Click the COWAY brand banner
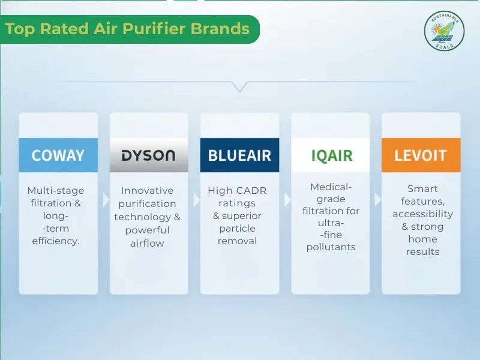click(58, 155)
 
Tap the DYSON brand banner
click(149, 155)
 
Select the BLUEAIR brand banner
click(239, 155)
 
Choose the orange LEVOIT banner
click(421, 155)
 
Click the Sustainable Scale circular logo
click(445, 31)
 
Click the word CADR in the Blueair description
click(251, 190)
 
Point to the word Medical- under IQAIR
click(331, 187)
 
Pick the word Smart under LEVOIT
click(422, 188)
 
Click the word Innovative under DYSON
click(147, 190)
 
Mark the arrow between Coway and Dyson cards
click(105, 199)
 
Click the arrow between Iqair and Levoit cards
click(377, 199)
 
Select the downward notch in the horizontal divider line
click(239, 87)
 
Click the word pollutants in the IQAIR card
click(331, 247)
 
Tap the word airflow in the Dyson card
click(147, 243)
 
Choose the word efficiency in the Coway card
click(56, 241)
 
